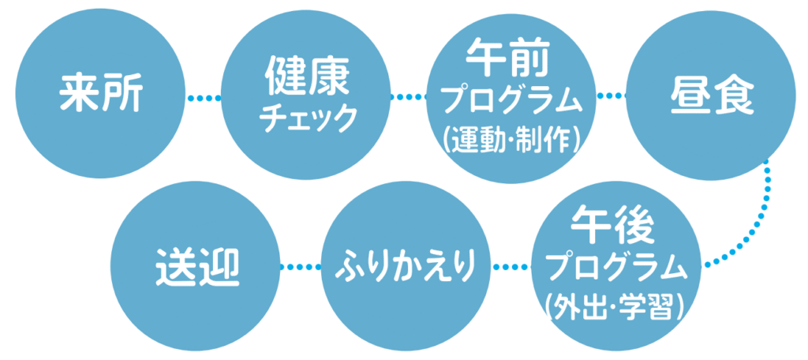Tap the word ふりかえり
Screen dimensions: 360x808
(408, 266)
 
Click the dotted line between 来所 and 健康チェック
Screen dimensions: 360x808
(204, 98)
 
